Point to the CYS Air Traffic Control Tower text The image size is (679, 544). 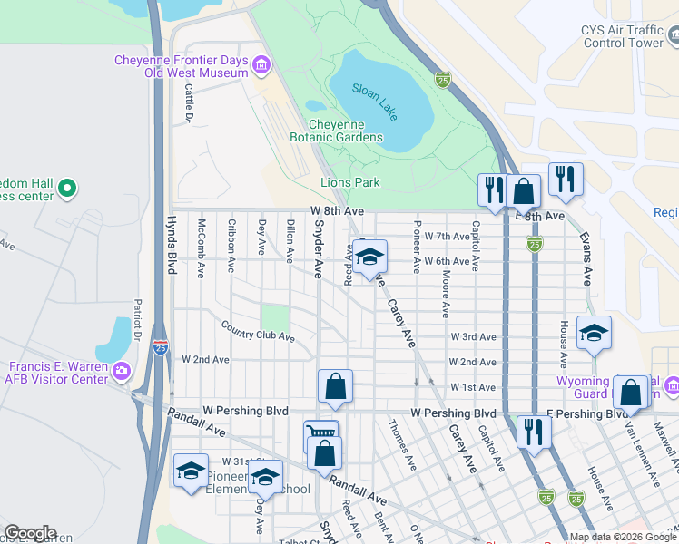pyautogui.click(x=622, y=35)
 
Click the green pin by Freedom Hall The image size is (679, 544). pyautogui.click(x=65, y=189)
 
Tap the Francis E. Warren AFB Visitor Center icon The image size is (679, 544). pyautogui.click(x=121, y=369)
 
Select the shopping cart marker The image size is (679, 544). pyautogui.click(x=320, y=435)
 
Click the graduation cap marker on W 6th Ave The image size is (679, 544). pyautogui.click(x=369, y=257)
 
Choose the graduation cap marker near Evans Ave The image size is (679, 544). pyautogui.click(x=594, y=334)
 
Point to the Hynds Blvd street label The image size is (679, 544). pyautogui.click(x=171, y=245)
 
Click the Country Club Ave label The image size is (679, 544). pyautogui.click(x=257, y=332)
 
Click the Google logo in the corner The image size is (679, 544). pyautogui.click(x=30, y=533)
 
